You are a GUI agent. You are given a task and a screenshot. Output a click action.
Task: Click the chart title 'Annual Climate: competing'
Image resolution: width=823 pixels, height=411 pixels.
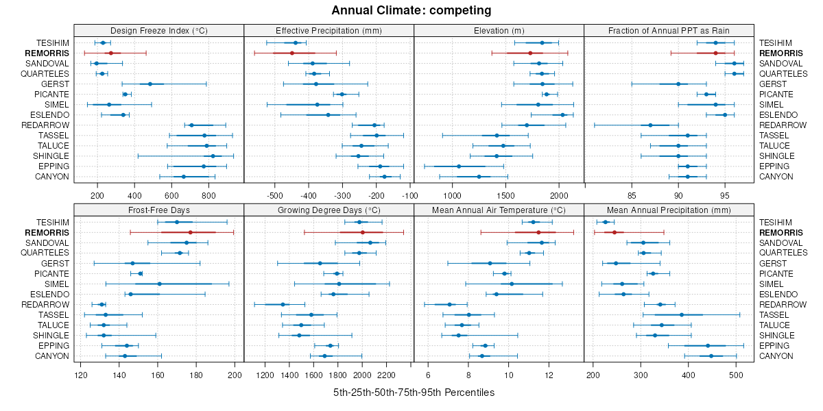[411, 10]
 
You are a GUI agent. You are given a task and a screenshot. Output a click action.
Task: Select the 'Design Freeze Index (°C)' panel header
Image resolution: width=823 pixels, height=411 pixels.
[159, 30]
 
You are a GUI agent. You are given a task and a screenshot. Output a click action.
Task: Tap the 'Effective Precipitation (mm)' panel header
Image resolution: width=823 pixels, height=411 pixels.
[329, 30]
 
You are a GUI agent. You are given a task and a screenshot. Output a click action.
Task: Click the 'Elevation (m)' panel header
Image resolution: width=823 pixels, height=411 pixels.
[499, 30]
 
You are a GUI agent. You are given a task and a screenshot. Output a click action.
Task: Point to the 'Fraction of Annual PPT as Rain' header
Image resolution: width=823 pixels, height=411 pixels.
[669, 30]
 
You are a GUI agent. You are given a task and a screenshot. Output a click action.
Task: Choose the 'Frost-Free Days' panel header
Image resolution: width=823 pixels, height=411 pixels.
[159, 210]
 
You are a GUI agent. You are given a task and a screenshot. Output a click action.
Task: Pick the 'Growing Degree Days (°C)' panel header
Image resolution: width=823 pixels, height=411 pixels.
[329, 210]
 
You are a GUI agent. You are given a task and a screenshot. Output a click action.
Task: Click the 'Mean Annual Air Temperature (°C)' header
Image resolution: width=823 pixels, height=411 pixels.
[499, 210]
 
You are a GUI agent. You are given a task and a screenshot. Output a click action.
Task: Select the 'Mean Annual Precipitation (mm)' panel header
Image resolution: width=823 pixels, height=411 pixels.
[669, 210]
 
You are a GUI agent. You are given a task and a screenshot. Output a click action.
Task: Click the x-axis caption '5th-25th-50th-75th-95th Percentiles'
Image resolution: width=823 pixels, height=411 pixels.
[414, 393]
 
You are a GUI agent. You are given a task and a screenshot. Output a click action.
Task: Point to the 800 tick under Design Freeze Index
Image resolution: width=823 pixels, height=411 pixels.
[209, 195]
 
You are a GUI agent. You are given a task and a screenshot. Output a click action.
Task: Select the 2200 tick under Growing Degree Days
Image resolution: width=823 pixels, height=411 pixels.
[387, 375]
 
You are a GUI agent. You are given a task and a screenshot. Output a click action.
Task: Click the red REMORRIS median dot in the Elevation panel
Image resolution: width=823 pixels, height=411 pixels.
[530, 53]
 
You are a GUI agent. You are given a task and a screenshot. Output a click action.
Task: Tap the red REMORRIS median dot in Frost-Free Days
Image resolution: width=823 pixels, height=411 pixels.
[190, 232]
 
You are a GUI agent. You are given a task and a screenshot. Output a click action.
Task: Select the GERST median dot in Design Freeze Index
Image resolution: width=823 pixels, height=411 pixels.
[150, 84]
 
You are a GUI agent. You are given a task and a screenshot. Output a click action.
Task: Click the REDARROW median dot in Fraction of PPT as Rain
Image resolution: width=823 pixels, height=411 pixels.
[650, 125]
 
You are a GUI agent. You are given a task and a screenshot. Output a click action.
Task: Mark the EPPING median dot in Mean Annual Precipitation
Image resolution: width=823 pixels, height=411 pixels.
[708, 345]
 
